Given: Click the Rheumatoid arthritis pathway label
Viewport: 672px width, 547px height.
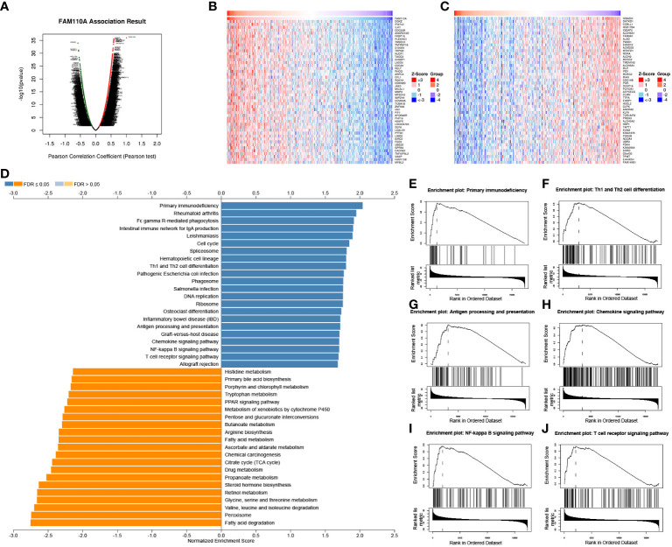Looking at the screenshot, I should click(x=185, y=213).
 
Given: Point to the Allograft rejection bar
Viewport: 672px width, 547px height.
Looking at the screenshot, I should click(x=279, y=364).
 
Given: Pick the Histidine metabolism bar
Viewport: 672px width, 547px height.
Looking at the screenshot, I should click(x=146, y=372).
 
